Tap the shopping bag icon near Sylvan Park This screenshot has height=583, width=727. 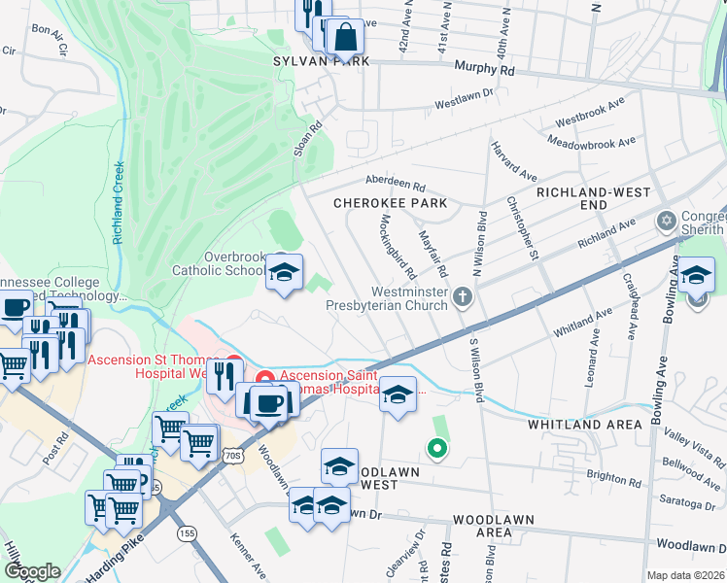point(345,38)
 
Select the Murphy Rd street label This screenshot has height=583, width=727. point(484,70)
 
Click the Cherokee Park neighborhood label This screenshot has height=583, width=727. point(390,203)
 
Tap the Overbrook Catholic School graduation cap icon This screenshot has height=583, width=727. point(285,273)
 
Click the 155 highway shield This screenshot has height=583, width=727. point(188,532)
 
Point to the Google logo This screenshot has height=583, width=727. point(33,571)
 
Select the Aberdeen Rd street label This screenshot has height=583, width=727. point(396,184)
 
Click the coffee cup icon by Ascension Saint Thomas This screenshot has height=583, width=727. point(268,400)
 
